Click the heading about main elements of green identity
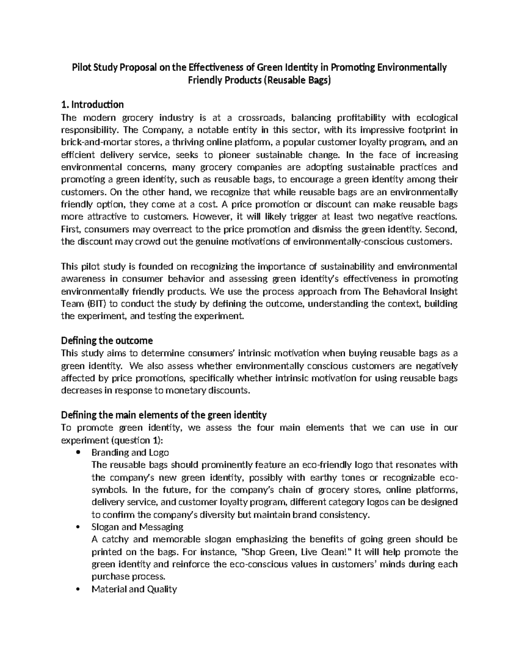coord(164,415)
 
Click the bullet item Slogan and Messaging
coord(137,527)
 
